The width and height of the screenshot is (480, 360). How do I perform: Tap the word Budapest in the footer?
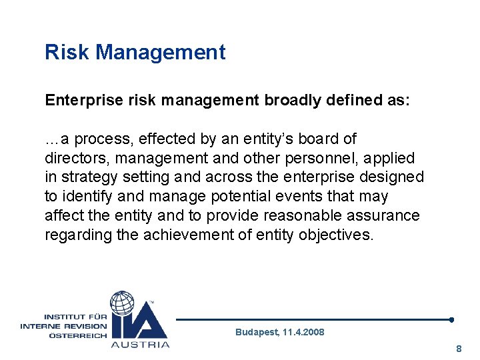256,332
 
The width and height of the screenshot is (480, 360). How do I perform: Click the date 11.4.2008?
303,332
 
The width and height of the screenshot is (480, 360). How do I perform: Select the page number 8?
458,349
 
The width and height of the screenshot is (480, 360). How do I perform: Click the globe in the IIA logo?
122,303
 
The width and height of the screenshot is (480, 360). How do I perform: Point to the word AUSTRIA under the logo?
139,345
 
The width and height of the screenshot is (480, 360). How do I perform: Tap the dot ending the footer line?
451,319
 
